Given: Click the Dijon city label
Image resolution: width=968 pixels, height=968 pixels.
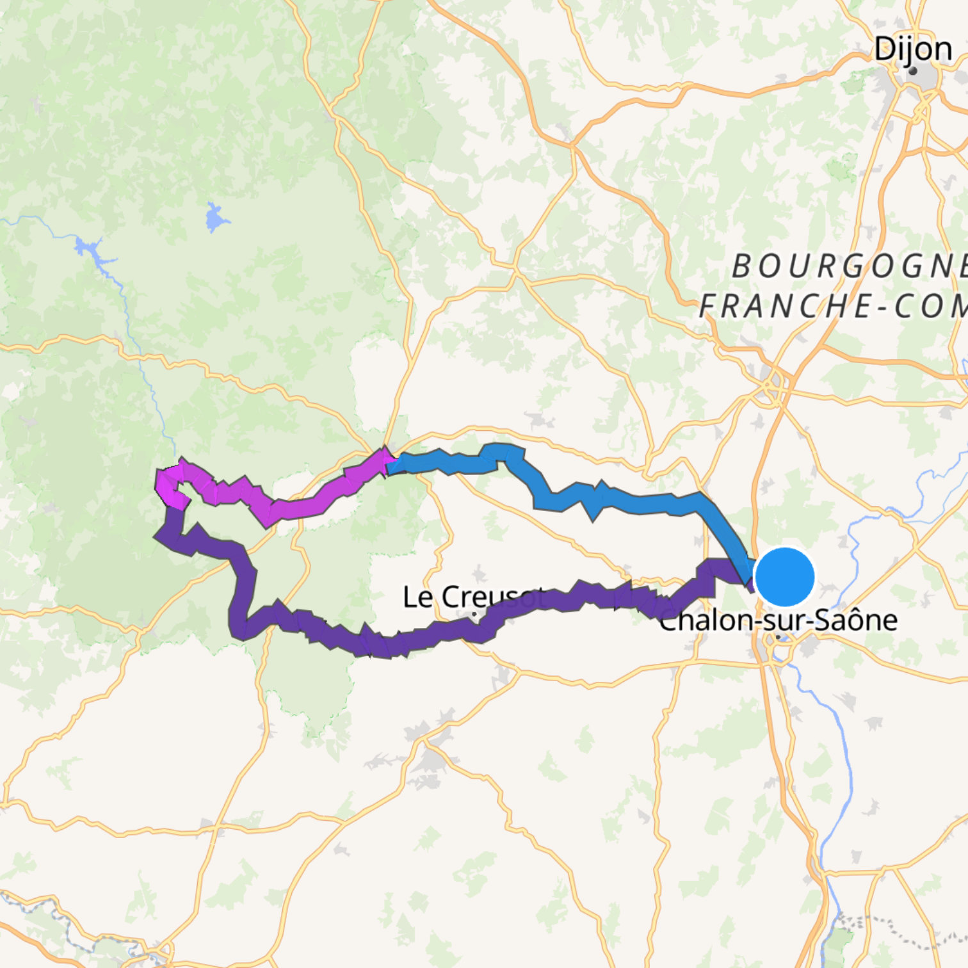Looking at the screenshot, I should (x=913, y=49).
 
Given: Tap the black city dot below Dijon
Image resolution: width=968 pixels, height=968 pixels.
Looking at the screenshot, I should (x=913, y=71).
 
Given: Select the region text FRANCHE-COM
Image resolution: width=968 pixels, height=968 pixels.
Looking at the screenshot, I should (x=832, y=307).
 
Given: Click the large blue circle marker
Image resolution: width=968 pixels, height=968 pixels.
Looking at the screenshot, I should (x=785, y=577).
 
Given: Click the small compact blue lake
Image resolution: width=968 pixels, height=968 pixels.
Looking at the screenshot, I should (x=216, y=218).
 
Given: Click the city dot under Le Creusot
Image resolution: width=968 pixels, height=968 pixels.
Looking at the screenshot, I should (x=474, y=615).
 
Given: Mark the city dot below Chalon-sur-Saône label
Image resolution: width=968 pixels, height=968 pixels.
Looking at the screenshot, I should (x=778, y=638).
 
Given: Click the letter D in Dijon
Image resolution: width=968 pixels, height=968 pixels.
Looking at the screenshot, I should (x=884, y=49).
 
